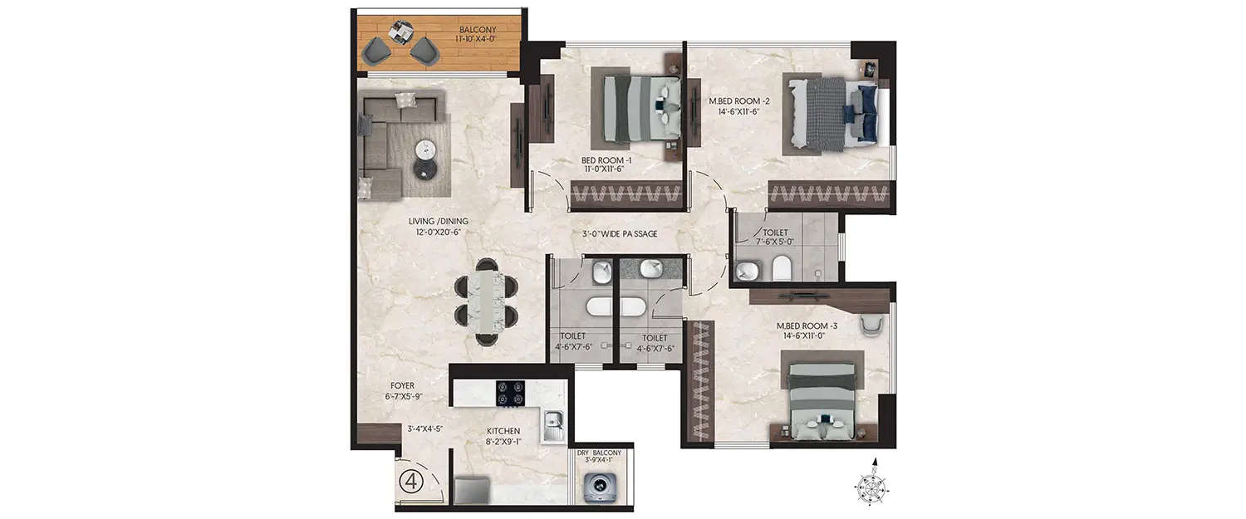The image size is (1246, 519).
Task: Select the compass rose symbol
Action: click(x=875, y=482)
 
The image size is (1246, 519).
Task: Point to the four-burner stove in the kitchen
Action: click(x=512, y=393)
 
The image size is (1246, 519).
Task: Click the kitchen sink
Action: click(x=553, y=428)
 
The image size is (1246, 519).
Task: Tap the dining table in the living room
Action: click(x=487, y=302)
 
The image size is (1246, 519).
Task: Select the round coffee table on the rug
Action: click(x=425, y=150)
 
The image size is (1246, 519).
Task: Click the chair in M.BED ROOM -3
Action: click(x=871, y=326)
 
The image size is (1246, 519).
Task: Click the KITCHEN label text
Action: click(x=503, y=431)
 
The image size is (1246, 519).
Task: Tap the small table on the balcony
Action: click(x=401, y=31)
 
